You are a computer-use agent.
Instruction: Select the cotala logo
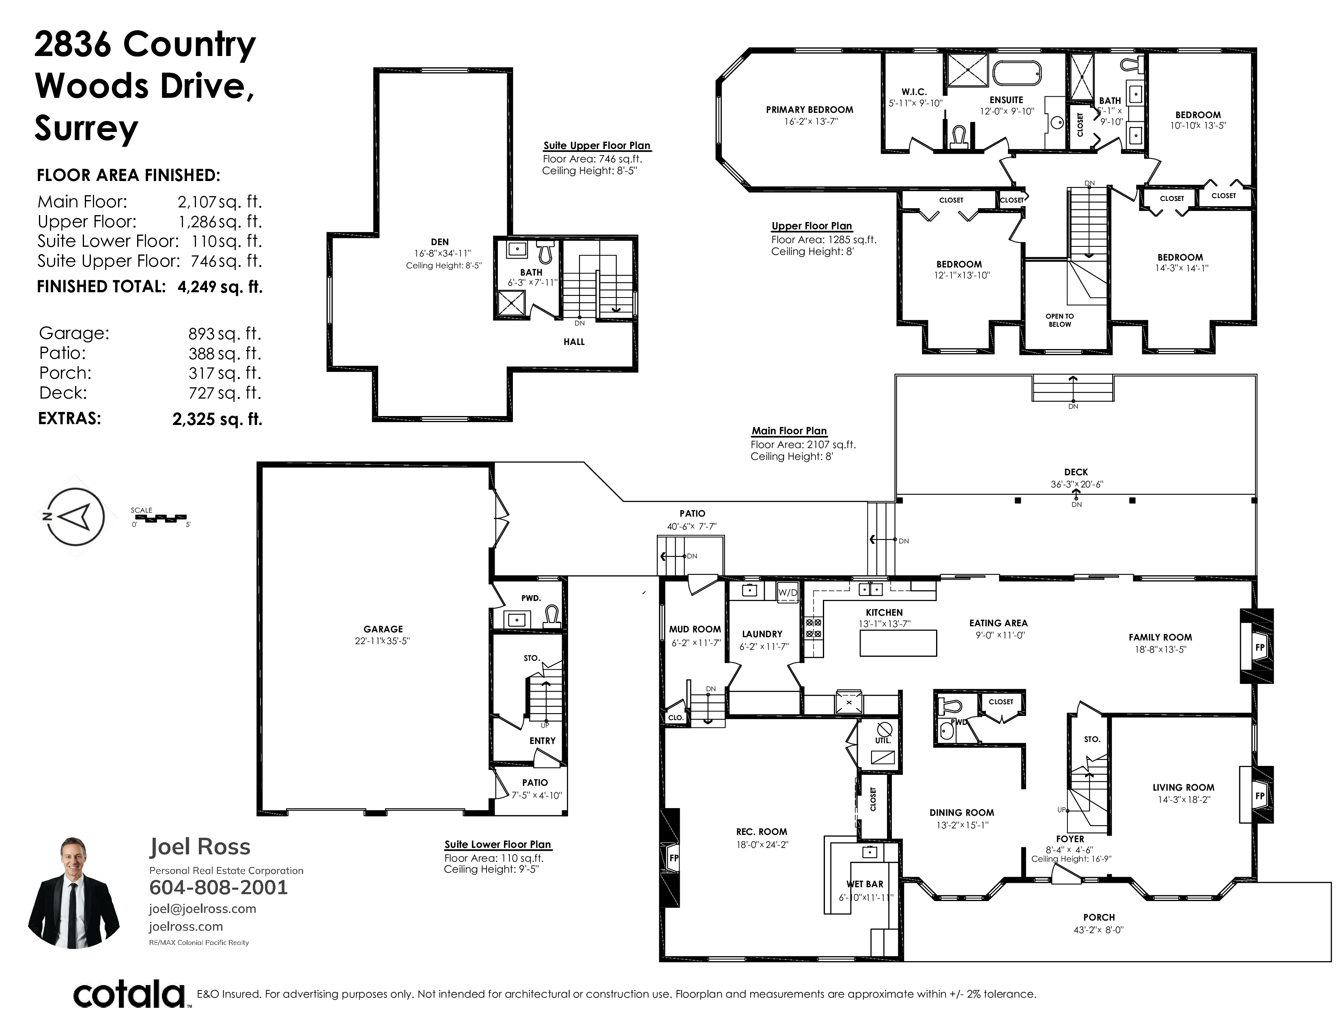coord(130,994)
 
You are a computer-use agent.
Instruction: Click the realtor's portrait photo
coord(73,892)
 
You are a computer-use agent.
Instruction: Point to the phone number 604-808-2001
coord(218,887)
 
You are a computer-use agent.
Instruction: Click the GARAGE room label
coord(383,629)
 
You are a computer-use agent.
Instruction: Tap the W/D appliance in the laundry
coord(788,592)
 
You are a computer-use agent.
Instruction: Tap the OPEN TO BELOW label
coord(1059,320)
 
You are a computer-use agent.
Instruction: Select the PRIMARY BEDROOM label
coord(809,110)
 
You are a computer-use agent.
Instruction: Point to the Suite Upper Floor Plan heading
coord(596,145)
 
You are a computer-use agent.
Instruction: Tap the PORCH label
coord(1099,917)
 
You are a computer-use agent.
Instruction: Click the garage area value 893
coord(201,334)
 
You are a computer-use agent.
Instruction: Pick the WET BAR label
coord(865,884)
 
